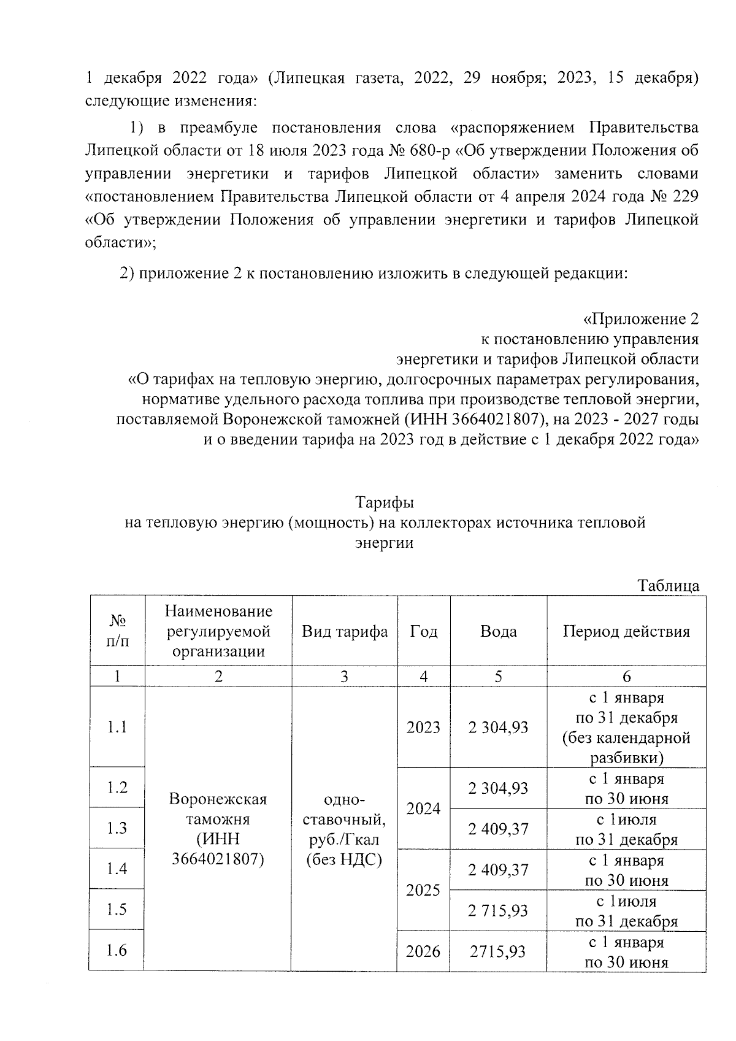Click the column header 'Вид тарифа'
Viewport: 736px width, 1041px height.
tap(345, 631)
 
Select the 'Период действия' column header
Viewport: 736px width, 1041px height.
tap(626, 631)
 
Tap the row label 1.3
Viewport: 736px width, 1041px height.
tap(117, 828)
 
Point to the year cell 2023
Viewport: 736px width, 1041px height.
tap(423, 727)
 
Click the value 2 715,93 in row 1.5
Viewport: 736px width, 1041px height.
tap(498, 910)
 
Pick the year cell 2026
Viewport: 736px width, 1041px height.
tap(423, 951)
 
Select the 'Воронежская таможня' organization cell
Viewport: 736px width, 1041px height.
tap(218, 828)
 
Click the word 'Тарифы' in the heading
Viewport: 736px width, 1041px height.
tap(385, 502)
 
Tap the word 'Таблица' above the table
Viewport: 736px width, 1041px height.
tap(669, 585)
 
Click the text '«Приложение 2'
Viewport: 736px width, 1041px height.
tap(640, 319)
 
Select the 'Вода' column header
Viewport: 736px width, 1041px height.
tap(498, 631)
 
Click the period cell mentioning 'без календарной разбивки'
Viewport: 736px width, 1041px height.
tap(626, 728)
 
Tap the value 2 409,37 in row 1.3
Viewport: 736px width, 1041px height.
tap(498, 829)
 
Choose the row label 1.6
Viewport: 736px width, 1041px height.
tap(117, 950)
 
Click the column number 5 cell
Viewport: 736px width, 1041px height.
tap(498, 676)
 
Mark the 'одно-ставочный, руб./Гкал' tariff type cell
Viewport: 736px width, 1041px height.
tap(344, 828)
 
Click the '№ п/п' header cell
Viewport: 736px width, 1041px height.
tap(117, 631)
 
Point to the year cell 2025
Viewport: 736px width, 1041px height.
tap(423, 889)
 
